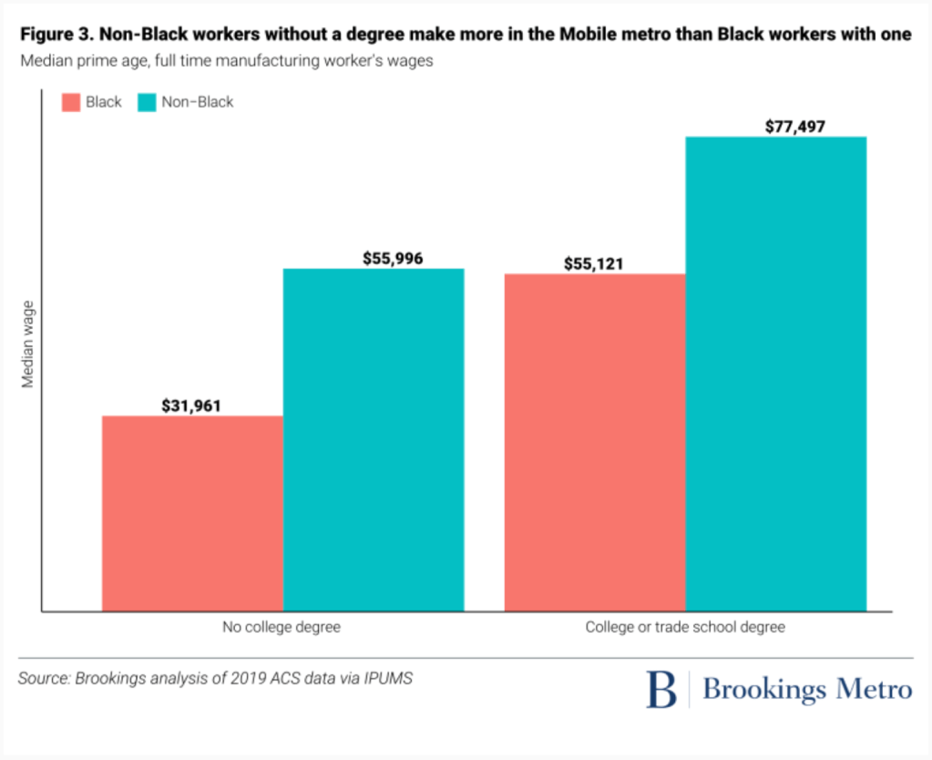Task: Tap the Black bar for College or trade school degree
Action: pyautogui.click(x=594, y=442)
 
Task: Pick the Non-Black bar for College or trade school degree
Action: pyautogui.click(x=775, y=374)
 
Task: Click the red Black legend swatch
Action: pyautogui.click(x=71, y=102)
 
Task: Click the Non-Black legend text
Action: pyautogui.click(x=198, y=102)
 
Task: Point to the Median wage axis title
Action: pyautogui.click(x=28, y=344)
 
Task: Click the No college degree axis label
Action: pyautogui.click(x=282, y=627)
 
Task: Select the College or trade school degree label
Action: pyautogui.click(x=684, y=627)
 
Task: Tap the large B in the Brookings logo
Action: pyautogui.click(x=661, y=690)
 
